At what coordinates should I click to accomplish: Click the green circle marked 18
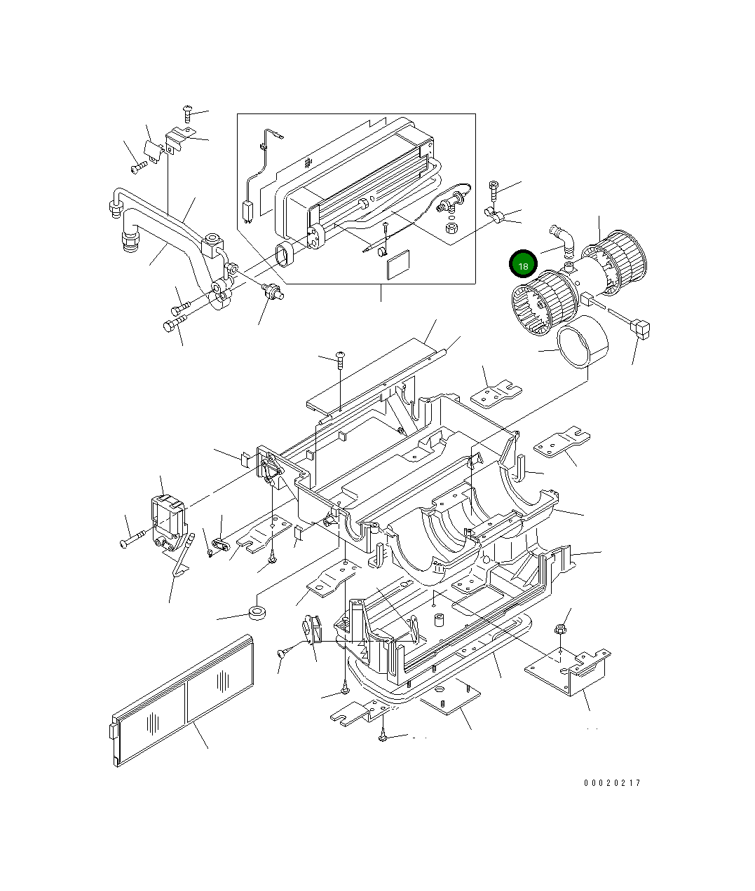[523, 265]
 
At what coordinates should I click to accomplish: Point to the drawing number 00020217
[611, 783]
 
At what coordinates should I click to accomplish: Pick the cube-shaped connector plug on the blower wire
[640, 326]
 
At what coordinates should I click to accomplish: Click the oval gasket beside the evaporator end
[284, 254]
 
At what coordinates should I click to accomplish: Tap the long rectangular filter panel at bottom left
[182, 700]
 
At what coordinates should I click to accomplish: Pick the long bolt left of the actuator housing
[133, 539]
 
